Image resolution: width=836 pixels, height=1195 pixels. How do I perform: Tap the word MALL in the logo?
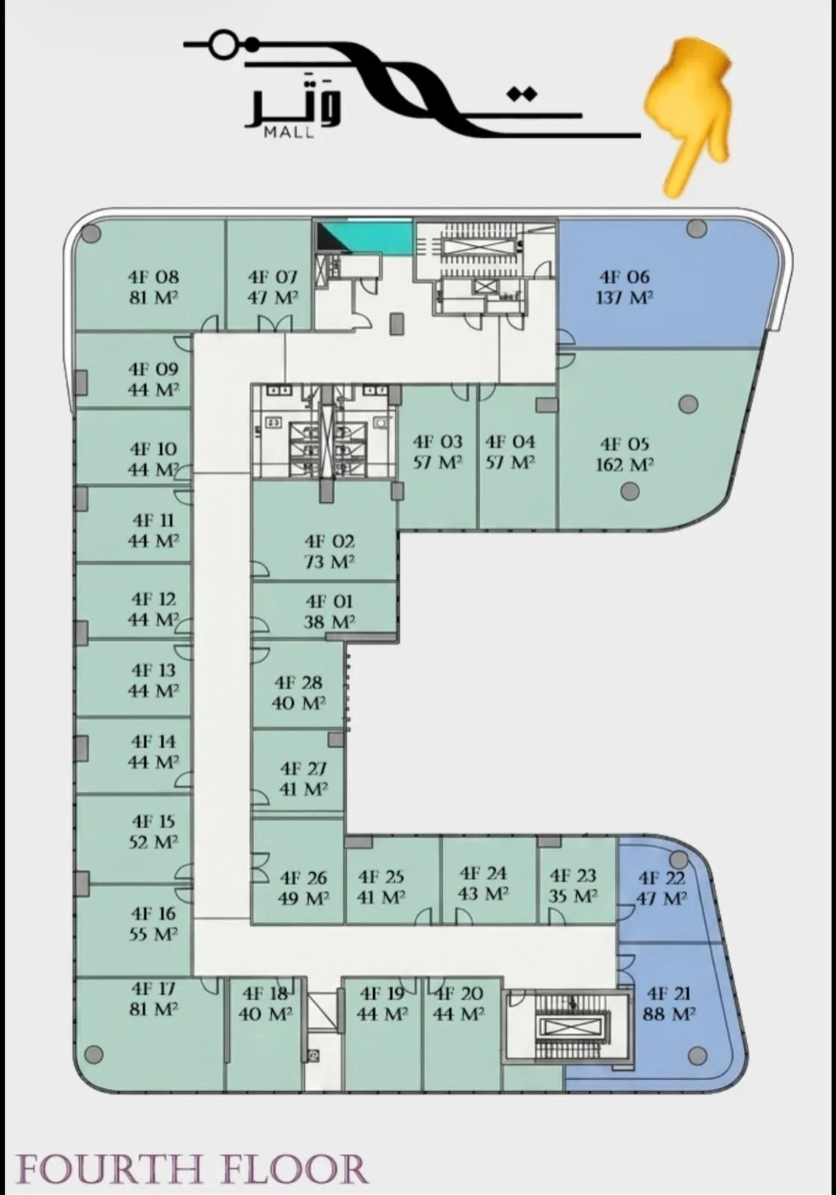[289, 132]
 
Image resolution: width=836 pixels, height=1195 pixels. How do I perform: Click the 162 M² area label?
[624, 465]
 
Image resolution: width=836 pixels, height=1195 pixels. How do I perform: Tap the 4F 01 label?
[329, 602]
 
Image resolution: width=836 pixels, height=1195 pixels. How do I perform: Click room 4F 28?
[298, 685]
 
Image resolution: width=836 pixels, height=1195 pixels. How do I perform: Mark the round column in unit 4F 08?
[90, 233]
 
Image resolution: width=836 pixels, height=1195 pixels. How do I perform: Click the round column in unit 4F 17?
[93, 1054]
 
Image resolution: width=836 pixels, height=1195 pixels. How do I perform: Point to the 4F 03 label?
[437, 442]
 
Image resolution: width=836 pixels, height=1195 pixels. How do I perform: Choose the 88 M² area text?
[669, 1013]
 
